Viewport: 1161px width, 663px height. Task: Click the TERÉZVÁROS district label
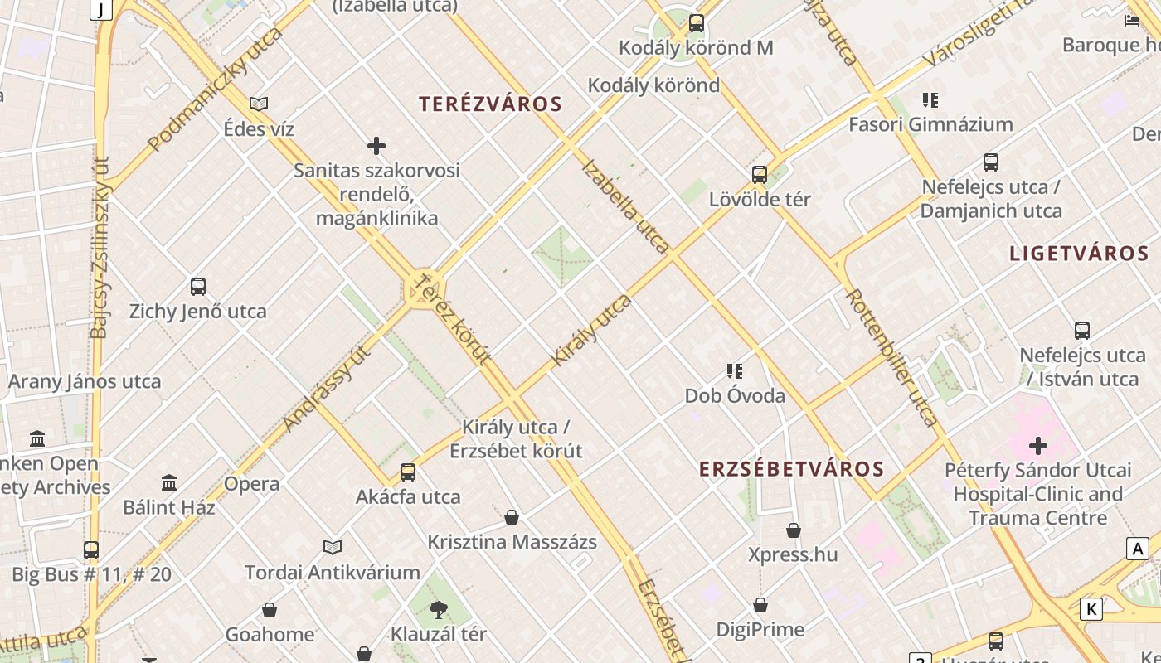click(490, 104)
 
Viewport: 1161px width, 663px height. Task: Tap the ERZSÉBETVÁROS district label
click(791, 469)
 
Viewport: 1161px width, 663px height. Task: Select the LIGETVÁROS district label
click(1079, 254)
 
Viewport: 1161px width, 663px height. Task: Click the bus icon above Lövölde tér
click(760, 175)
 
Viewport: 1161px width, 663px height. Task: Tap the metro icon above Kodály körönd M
click(697, 23)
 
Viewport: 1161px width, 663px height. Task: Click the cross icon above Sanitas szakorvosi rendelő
click(376, 146)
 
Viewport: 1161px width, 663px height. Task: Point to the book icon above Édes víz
click(259, 104)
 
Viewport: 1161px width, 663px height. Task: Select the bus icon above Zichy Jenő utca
click(198, 287)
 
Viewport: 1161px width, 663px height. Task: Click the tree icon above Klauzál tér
click(439, 611)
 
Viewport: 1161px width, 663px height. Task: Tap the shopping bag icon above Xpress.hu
click(794, 530)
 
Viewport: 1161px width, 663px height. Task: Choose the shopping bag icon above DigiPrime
click(760, 606)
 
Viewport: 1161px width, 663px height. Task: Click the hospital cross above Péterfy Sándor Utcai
click(1038, 446)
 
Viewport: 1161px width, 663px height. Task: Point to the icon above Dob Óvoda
click(735, 371)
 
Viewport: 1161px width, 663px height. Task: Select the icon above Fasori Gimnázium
click(930, 100)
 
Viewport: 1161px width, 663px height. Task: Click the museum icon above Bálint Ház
click(169, 482)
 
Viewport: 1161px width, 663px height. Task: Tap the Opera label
click(251, 484)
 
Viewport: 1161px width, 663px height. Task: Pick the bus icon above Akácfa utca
click(408, 472)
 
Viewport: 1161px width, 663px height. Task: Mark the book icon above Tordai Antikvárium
click(333, 547)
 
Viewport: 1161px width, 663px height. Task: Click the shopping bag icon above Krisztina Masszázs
click(512, 518)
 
